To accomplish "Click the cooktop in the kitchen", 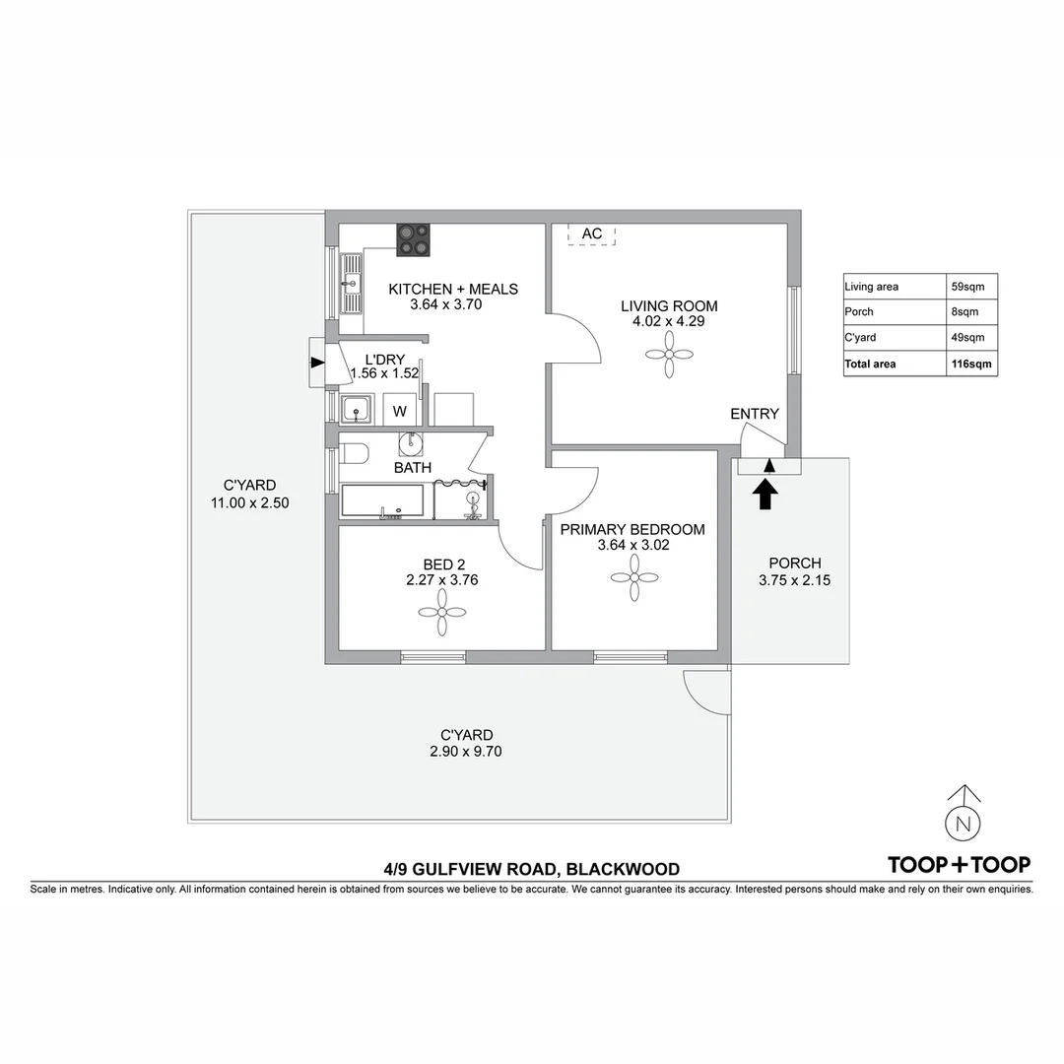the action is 413,240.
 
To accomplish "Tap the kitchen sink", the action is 352,284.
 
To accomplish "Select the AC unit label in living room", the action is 592,233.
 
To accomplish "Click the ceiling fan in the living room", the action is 669,354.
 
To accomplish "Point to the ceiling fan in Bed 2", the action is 441,612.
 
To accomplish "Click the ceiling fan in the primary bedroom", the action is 634,577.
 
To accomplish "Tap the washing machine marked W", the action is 400,410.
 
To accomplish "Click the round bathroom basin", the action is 411,443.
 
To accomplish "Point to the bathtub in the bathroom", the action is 382,500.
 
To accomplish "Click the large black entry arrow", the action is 766,494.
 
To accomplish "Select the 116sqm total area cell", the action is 971,364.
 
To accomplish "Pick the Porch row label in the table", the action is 858,311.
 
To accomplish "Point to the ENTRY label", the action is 755,413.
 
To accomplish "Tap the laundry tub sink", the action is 356,409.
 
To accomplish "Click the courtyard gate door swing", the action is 705,691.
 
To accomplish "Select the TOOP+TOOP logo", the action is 959,865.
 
